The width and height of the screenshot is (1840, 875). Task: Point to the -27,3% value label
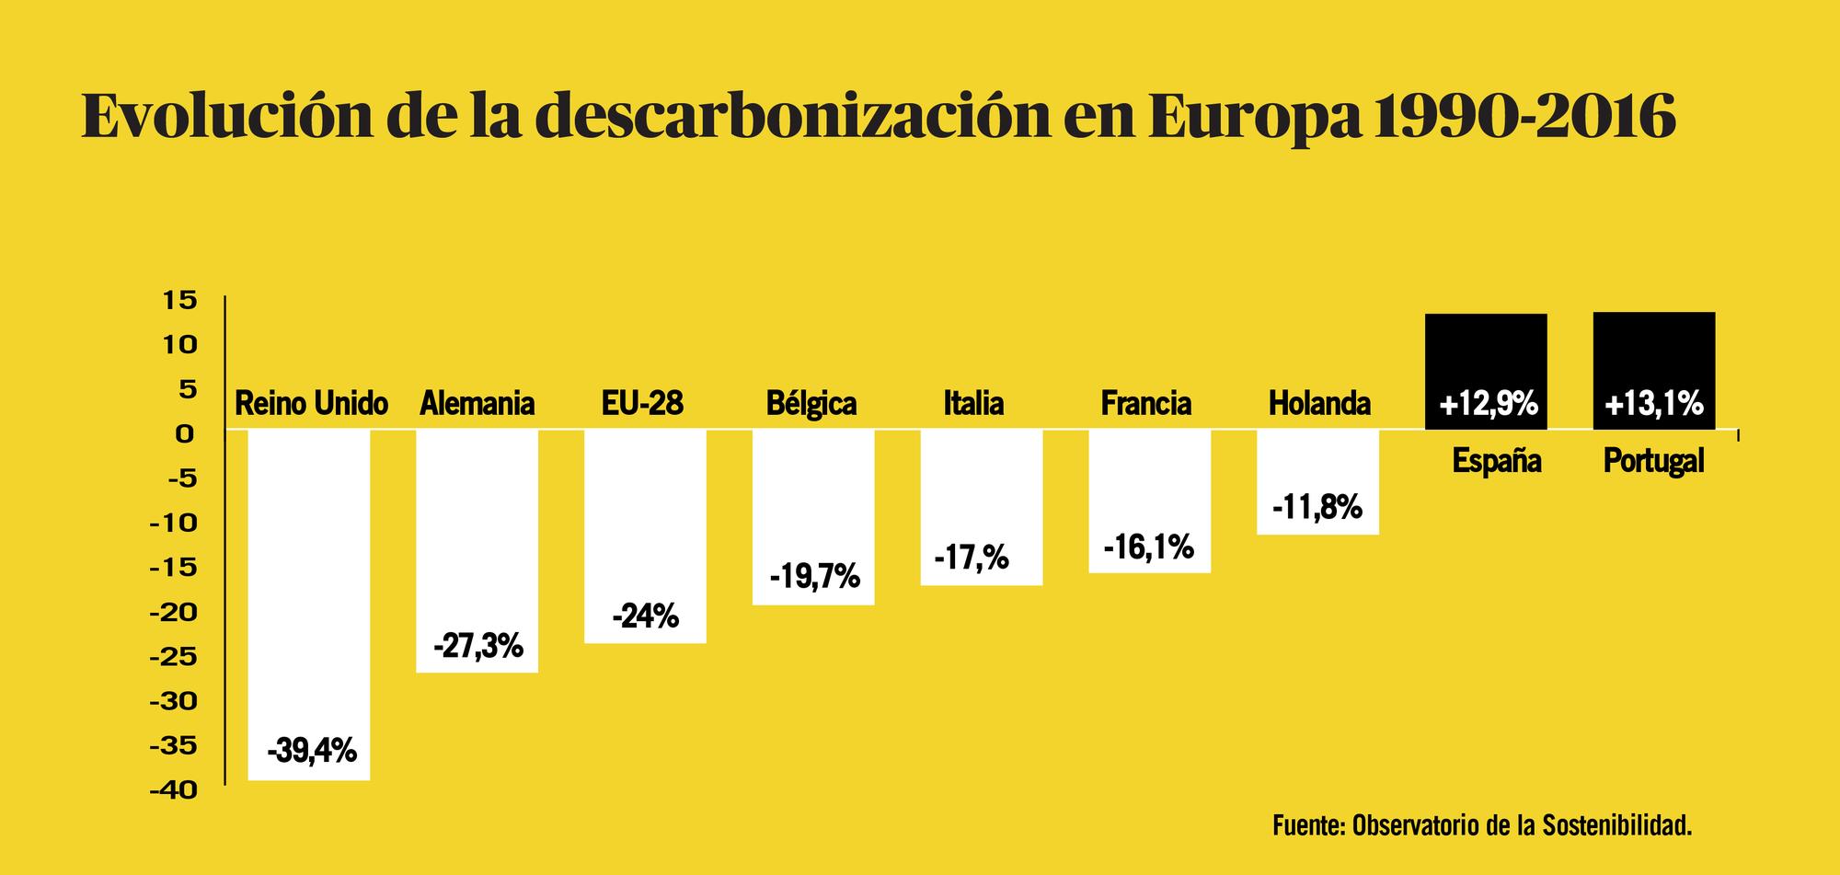(x=477, y=647)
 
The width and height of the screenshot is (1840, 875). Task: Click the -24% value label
(x=646, y=616)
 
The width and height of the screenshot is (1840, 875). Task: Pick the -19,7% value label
(x=814, y=577)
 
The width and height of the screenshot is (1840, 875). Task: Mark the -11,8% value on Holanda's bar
(x=1317, y=507)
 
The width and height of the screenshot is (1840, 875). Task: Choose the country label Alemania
(x=477, y=403)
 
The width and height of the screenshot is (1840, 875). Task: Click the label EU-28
(x=642, y=403)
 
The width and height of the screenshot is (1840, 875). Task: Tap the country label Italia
(x=973, y=403)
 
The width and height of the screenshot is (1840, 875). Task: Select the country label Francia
(x=1145, y=403)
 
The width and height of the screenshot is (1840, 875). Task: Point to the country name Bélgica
(x=811, y=403)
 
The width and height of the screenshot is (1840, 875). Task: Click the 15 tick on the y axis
(x=180, y=300)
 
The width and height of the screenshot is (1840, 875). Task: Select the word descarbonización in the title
(x=790, y=117)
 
